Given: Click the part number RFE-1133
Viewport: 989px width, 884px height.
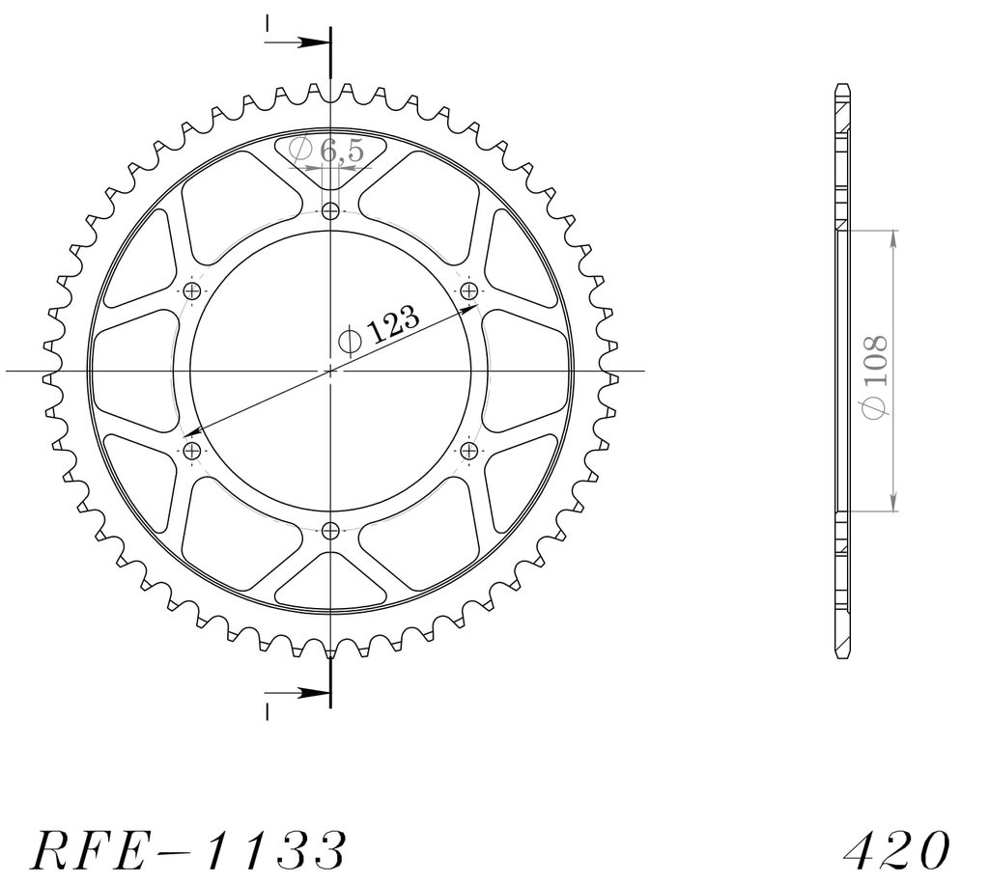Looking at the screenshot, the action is pos(188,850).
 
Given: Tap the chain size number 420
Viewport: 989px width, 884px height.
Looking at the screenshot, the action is pos(896,850).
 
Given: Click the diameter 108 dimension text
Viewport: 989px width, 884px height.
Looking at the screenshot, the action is pos(875,375).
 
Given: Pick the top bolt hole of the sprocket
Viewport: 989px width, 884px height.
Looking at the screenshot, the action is pos(330,210).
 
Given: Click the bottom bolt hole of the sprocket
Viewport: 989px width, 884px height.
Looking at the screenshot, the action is pos(330,531).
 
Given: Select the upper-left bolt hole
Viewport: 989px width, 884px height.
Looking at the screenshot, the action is pos(192,290).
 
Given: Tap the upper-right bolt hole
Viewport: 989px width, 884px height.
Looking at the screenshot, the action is pos(468,290).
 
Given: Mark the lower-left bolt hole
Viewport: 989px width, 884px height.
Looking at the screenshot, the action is pos(192,451).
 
